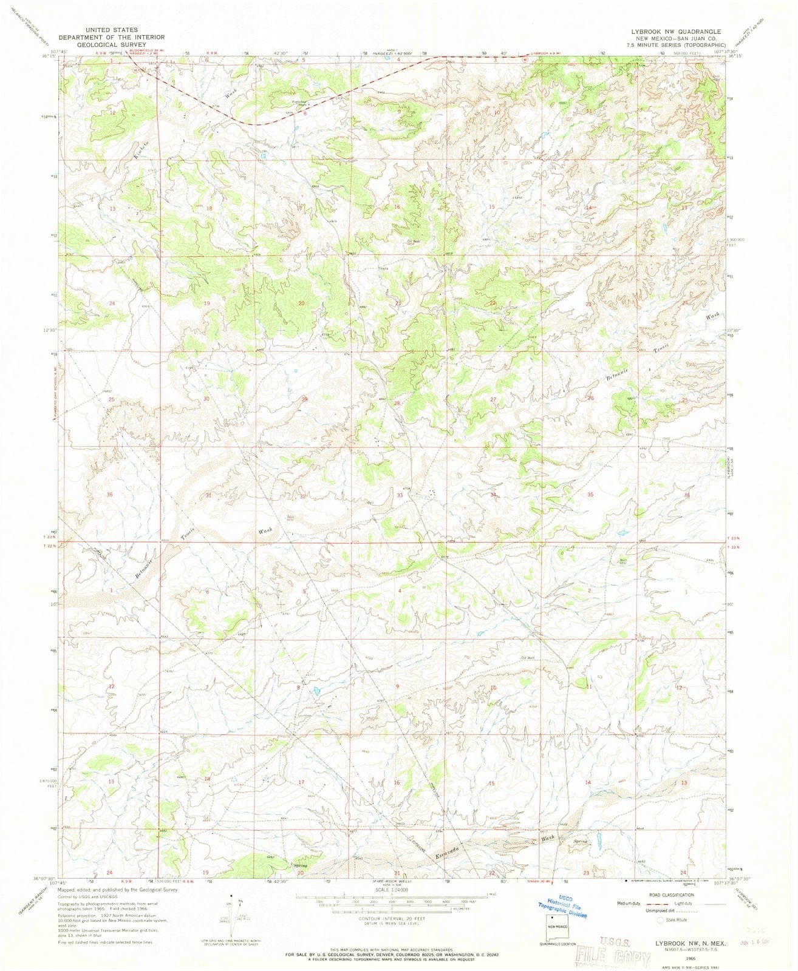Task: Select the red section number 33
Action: tap(400, 496)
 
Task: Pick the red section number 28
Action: tap(397, 403)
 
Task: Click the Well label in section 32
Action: tap(290, 518)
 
